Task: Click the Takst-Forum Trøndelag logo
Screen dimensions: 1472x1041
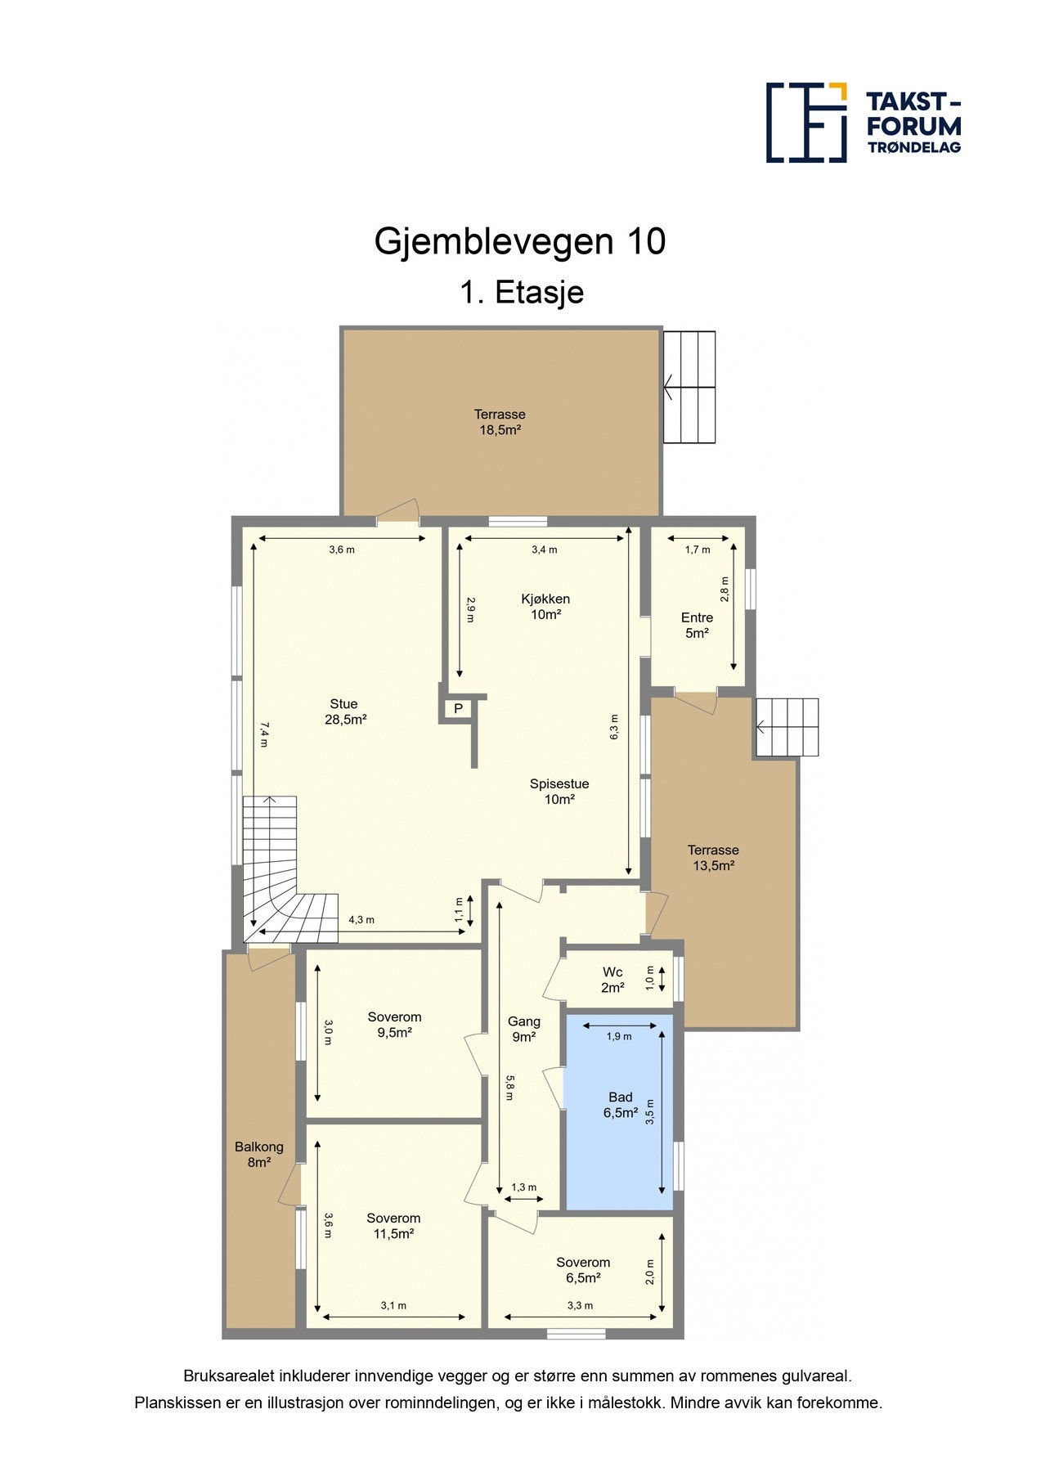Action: click(863, 122)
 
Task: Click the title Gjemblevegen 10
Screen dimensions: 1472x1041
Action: click(520, 241)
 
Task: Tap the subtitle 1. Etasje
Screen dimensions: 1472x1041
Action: click(521, 292)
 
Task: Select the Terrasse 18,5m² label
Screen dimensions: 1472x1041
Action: click(500, 422)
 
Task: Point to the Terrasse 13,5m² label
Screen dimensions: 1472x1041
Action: click(713, 858)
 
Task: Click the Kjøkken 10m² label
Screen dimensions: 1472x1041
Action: click(545, 607)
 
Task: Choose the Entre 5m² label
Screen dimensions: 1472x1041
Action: click(697, 625)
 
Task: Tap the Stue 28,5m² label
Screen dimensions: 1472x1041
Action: click(344, 711)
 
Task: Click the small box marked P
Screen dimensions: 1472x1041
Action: click(458, 709)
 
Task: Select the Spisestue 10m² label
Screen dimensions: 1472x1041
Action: click(559, 791)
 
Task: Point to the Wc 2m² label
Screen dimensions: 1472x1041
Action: click(612, 980)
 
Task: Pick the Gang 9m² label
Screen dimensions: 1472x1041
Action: click(524, 1029)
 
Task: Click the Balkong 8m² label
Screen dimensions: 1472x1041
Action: click(258, 1154)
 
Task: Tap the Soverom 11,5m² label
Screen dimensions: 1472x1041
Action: click(393, 1226)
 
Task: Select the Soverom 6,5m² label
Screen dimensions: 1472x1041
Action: click(583, 1270)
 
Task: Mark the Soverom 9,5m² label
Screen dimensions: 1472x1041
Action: click(394, 1025)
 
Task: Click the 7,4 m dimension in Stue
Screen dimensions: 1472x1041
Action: click(263, 734)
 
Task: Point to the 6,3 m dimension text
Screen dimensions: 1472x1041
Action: click(615, 727)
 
